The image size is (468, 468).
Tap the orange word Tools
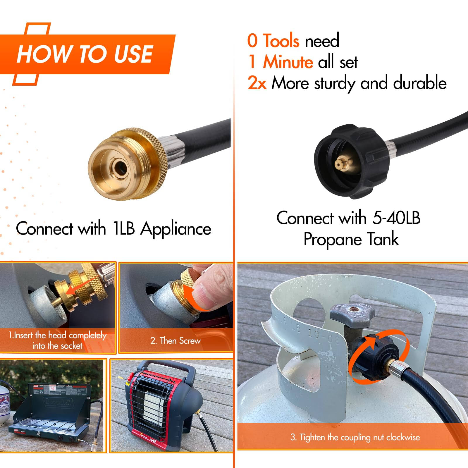pos(281,41)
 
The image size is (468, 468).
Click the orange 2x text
pos(257,83)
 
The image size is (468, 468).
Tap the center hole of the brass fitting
pos(120,168)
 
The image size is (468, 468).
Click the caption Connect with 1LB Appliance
pos(113,228)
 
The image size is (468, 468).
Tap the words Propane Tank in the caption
pos(351,239)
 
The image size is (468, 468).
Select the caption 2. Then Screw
pos(175,341)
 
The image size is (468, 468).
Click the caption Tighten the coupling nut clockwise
pos(355,437)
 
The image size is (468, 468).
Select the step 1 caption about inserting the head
pos(57,340)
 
